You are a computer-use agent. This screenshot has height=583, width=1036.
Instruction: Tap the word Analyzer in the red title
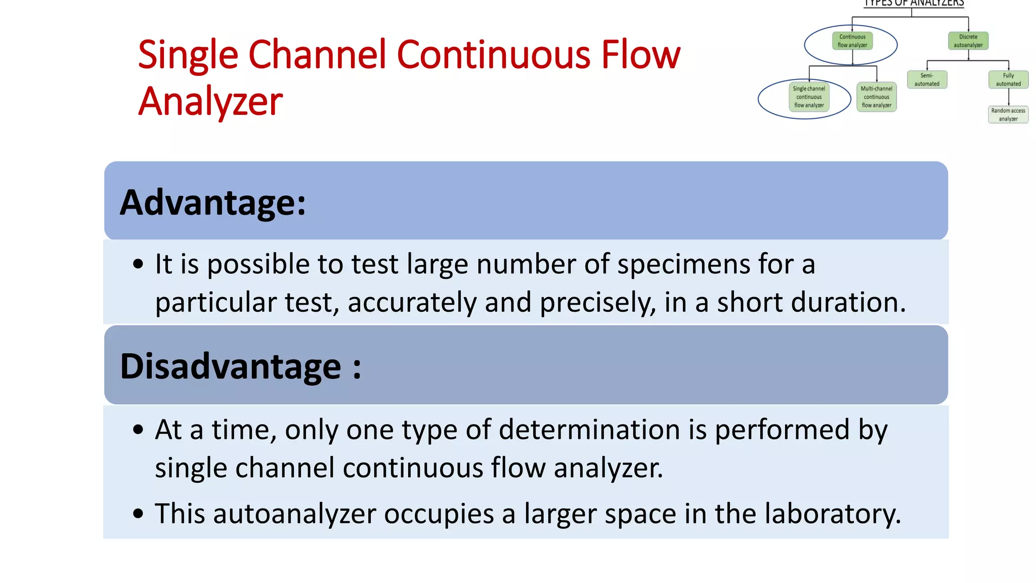coord(210,101)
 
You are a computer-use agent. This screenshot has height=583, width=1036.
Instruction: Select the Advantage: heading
coord(213,202)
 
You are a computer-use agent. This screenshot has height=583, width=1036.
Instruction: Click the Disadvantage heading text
coord(240,366)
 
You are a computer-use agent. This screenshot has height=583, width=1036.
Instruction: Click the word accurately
coord(412,303)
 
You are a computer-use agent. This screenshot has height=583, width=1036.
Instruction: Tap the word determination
coord(589,430)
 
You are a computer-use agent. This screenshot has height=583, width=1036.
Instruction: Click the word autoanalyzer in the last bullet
coord(294,514)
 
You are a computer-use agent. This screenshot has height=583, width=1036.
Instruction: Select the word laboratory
coord(832,514)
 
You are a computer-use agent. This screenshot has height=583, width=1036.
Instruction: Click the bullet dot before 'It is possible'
coord(138,264)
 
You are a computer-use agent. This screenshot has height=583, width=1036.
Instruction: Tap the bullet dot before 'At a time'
coord(138,430)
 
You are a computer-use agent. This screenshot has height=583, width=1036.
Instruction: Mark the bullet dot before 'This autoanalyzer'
coord(138,514)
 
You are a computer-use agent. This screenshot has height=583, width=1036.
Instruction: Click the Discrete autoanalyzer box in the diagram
coord(968,41)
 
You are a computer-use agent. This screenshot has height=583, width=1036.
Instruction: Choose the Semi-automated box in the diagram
coord(927,80)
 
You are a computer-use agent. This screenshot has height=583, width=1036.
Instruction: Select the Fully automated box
coord(1008,80)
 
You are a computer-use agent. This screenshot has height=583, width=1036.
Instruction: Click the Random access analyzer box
coord(1008,115)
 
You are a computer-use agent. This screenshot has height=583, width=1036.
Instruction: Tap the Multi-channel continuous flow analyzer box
coord(877,97)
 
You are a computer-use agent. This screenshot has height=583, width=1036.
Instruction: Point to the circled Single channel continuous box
coord(809,97)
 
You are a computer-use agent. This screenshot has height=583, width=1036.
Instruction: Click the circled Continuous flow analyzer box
coord(852,41)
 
